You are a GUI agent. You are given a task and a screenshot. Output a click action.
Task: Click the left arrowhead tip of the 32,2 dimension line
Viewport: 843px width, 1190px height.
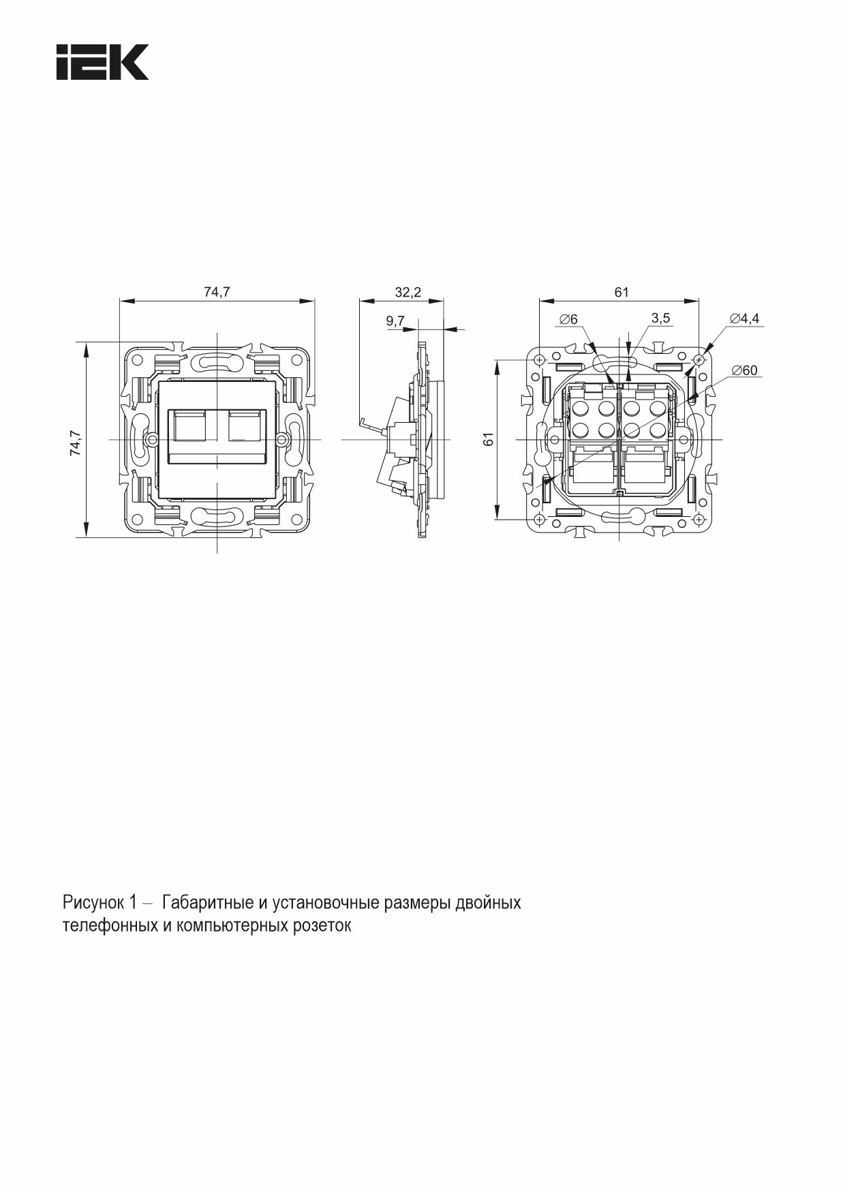pyautogui.click(x=360, y=300)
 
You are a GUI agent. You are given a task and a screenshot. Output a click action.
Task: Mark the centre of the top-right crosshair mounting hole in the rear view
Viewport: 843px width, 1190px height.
pyautogui.click(x=699, y=359)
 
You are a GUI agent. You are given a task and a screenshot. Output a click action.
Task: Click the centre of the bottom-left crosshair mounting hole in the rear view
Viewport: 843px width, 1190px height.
pyautogui.click(x=539, y=520)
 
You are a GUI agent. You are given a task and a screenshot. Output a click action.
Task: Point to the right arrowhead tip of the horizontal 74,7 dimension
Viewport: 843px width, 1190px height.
pyautogui.click(x=315, y=300)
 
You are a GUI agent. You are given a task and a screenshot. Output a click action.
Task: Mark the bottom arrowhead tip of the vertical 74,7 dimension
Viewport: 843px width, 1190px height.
pyautogui.click(x=87, y=536)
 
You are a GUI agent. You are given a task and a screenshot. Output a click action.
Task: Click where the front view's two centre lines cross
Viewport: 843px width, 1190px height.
pyautogui.click(x=217, y=439)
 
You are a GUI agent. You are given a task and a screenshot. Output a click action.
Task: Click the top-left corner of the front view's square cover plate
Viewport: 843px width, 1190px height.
pyautogui.click(x=158, y=381)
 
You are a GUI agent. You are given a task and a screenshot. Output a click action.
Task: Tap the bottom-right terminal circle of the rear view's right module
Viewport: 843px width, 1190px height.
pyautogui.click(x=657, y=430)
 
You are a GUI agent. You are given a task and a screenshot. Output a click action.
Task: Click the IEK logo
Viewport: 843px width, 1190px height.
pyautogui.click(x=102, y=63)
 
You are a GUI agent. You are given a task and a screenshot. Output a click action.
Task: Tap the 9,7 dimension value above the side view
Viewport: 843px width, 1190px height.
pyautogui.click(x=395, y=320)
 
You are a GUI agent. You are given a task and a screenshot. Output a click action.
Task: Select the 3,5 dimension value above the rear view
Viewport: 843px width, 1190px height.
pyautogui.click(x=660, y=318)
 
